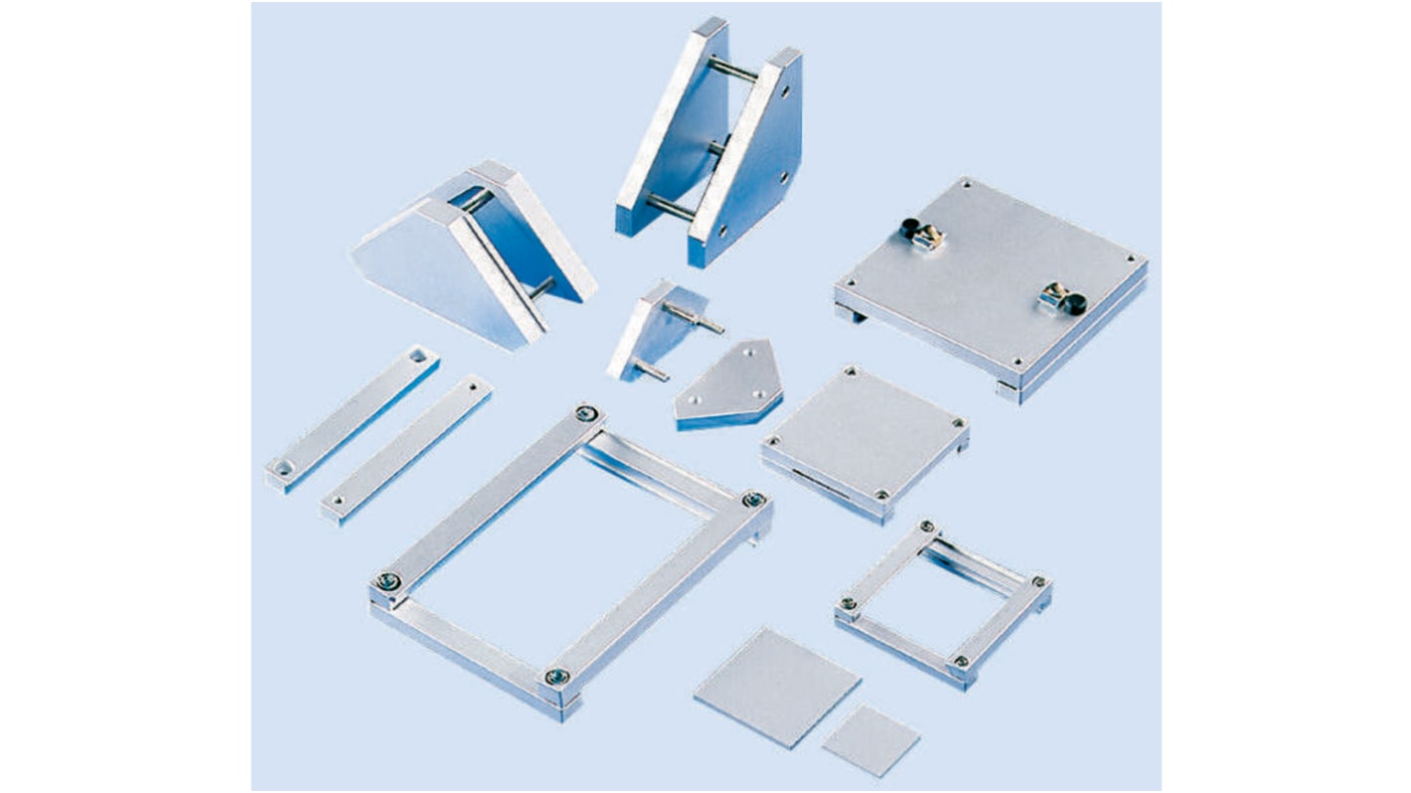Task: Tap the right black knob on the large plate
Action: point(1074,303)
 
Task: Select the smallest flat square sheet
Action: point(870,740)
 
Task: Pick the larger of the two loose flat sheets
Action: point(776,687)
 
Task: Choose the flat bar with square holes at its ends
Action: point(353,416)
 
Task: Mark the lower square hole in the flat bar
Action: point(285,464)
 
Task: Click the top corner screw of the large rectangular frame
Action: point(588,413)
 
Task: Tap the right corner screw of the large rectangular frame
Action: point(754,499)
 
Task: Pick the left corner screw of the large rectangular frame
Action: point(384,582)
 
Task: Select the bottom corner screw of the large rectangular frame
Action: point(556,677)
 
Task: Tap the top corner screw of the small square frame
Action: point(928,527)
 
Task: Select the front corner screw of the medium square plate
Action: point(881,494)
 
